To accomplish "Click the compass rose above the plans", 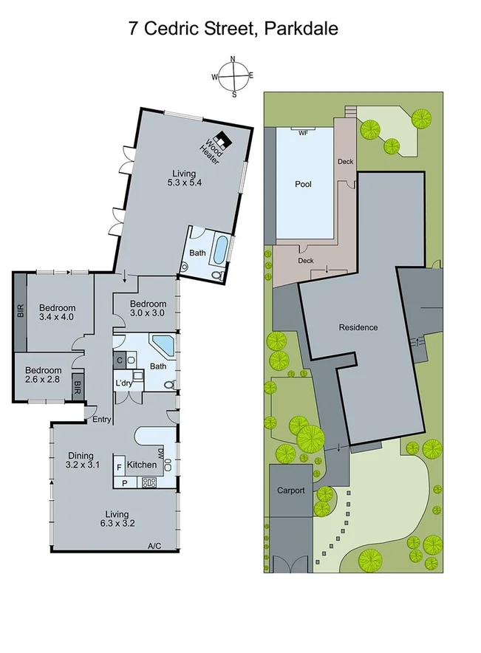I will (233, 76).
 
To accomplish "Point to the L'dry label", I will (123, 383).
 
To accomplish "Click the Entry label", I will (101, 420).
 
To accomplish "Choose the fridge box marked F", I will (118, 468).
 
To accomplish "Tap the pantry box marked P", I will (124, 483).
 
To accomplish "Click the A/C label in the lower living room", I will (154, 546).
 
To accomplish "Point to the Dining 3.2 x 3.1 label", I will (81, 461).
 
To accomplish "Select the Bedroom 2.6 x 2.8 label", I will (43, 375).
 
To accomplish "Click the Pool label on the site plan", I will (303, 184).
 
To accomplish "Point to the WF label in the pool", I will (303, 134).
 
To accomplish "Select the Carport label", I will (291, 490).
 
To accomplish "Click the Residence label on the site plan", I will (358, 327).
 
